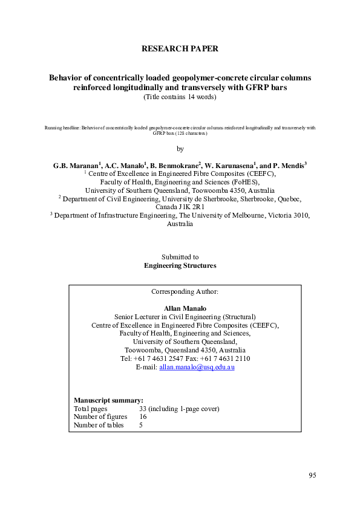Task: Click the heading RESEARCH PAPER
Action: tap(179, 48)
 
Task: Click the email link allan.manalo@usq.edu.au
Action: tap(197, 367)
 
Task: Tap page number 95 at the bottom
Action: tap(312, 475)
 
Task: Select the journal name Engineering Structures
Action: tap(180, 265)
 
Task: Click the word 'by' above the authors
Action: tap(180, 149)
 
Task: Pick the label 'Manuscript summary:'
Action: tap(109, 400)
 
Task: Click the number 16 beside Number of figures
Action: tap(143, 417)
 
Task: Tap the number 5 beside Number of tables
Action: tap(141, 425)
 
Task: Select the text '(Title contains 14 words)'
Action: tap(180, 97)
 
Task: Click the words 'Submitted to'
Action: tap(180, 257)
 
